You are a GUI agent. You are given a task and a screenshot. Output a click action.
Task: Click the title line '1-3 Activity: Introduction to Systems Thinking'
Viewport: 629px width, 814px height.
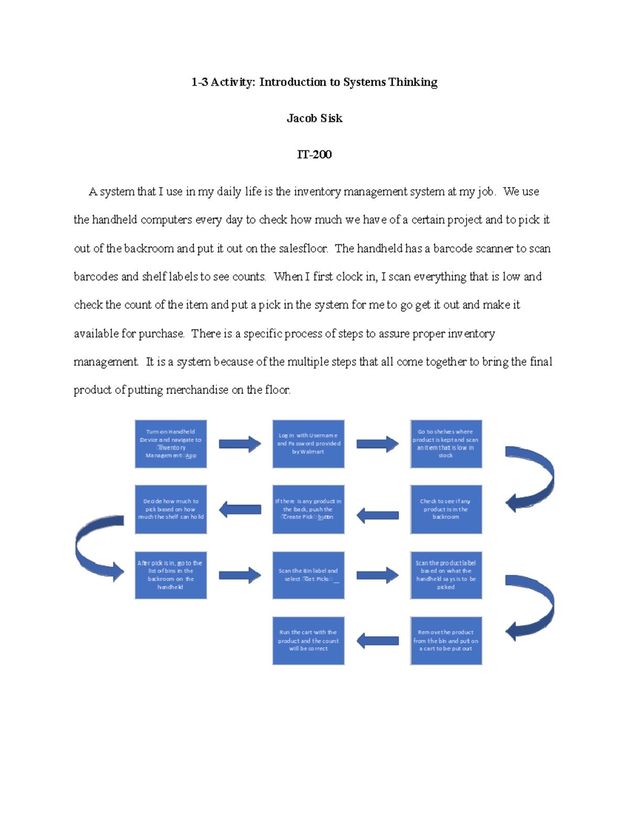point(314,82)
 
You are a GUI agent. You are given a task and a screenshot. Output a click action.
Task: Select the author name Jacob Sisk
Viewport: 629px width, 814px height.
point(314,118)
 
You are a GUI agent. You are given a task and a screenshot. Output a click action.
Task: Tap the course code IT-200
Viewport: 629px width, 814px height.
point(314,155)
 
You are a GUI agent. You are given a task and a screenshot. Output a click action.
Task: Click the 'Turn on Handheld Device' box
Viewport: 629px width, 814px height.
point(171,444)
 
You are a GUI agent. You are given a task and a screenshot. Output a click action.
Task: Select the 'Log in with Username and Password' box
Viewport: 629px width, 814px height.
point(308,444)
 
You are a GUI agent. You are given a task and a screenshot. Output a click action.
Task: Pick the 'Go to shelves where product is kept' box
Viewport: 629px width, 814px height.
point(446,444)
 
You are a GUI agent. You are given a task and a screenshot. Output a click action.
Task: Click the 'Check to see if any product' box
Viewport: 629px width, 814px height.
point(446,509)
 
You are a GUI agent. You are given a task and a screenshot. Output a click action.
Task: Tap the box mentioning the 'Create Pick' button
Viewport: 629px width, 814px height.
point(308,509)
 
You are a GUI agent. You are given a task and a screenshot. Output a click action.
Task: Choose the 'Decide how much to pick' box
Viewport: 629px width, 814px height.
point(171,509)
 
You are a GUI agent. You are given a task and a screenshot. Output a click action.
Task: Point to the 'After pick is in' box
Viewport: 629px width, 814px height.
point(171,575)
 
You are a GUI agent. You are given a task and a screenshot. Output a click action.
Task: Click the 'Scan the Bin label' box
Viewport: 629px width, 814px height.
point(308,575)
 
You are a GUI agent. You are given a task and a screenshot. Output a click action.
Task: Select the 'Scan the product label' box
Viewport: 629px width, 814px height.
point(446,575)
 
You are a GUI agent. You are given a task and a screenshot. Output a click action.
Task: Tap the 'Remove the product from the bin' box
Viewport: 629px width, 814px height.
point(446,641)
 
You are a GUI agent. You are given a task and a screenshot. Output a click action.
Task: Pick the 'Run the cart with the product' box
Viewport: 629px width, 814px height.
point(308,641)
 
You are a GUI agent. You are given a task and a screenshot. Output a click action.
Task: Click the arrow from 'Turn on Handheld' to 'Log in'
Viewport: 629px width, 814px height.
point(240,444)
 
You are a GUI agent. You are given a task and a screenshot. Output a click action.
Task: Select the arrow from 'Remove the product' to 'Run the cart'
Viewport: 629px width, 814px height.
point(377,641)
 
